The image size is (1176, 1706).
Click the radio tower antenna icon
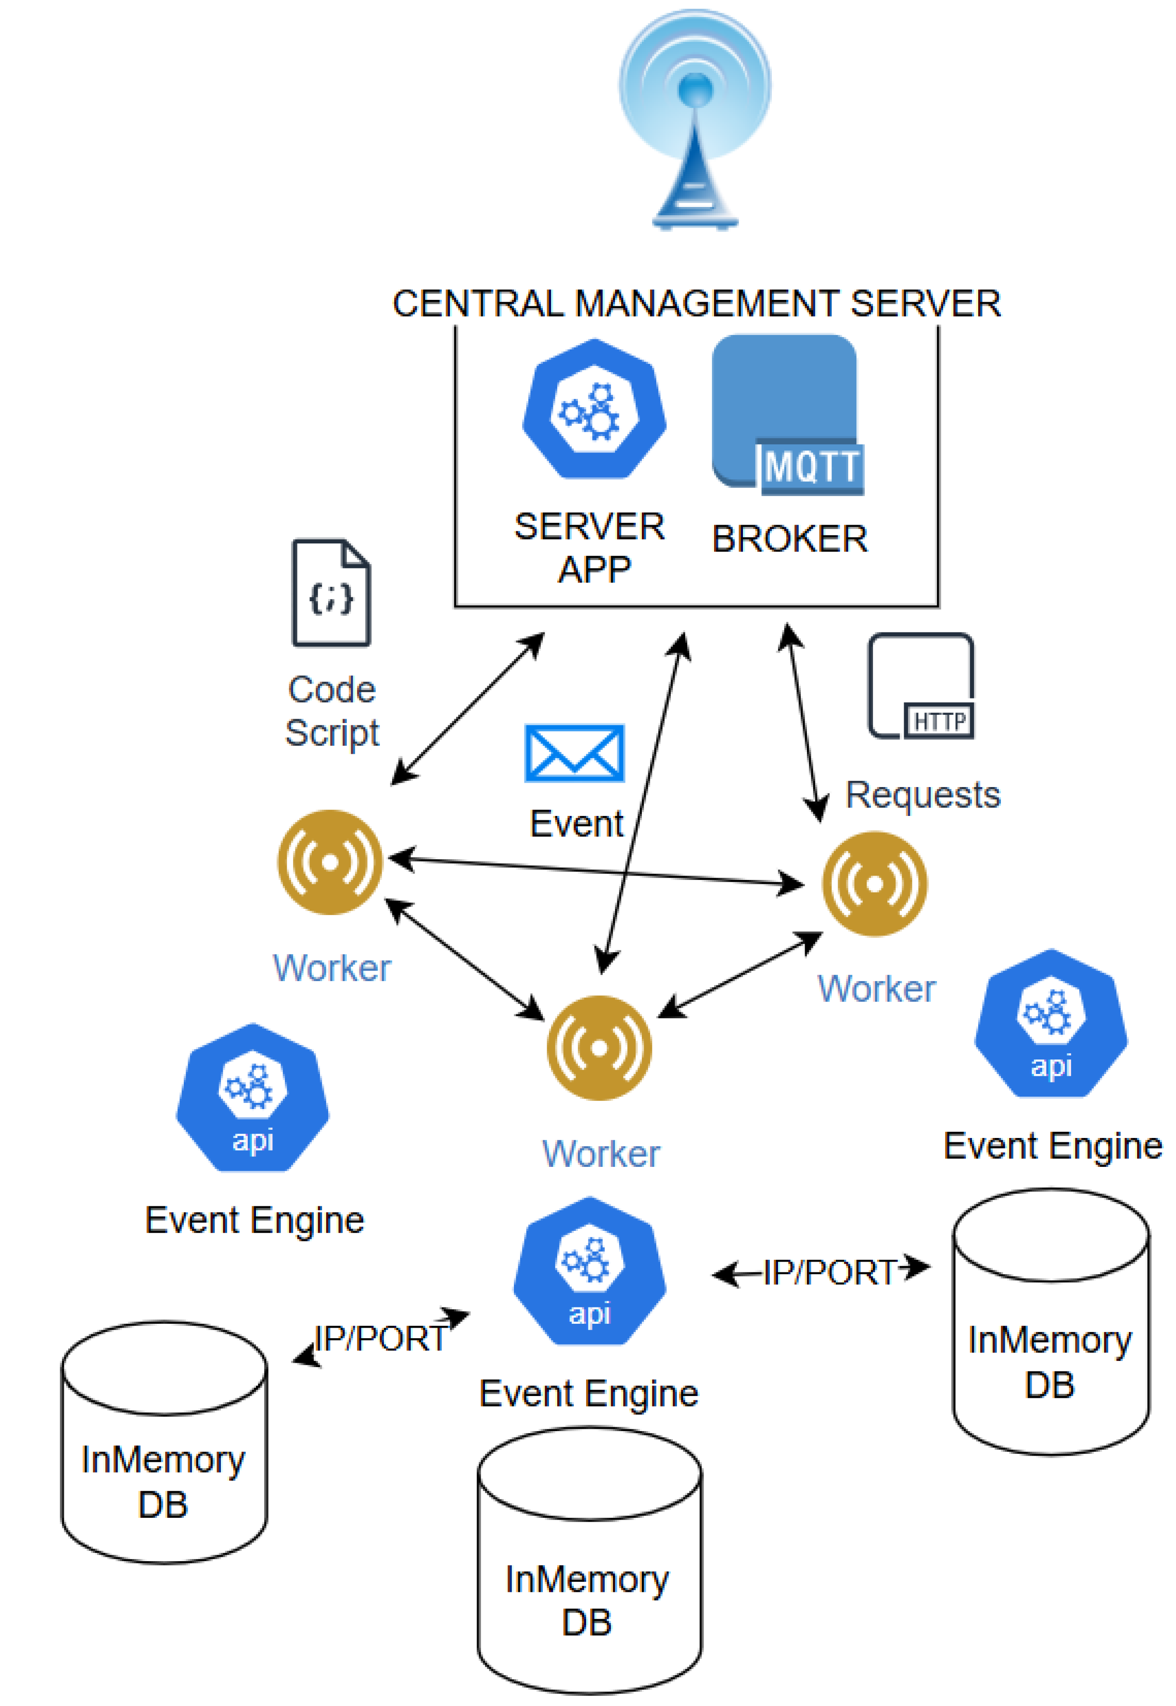coord(695,118)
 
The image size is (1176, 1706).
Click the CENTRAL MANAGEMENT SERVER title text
coord(696,304)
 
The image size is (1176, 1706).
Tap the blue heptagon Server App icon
coord(594,409)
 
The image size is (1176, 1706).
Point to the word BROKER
coord(789,539)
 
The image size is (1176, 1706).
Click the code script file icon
coord(331,593)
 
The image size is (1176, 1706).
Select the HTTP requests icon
coord(921,685)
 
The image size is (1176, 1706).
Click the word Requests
coord(922,795)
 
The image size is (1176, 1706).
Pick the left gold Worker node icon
coord(330,862)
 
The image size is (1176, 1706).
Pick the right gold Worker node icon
coord(875,884)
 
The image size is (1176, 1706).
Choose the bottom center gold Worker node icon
coord(599,1048)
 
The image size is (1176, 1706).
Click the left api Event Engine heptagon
coord(253,1098)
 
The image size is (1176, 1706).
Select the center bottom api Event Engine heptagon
coord(589,1271)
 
